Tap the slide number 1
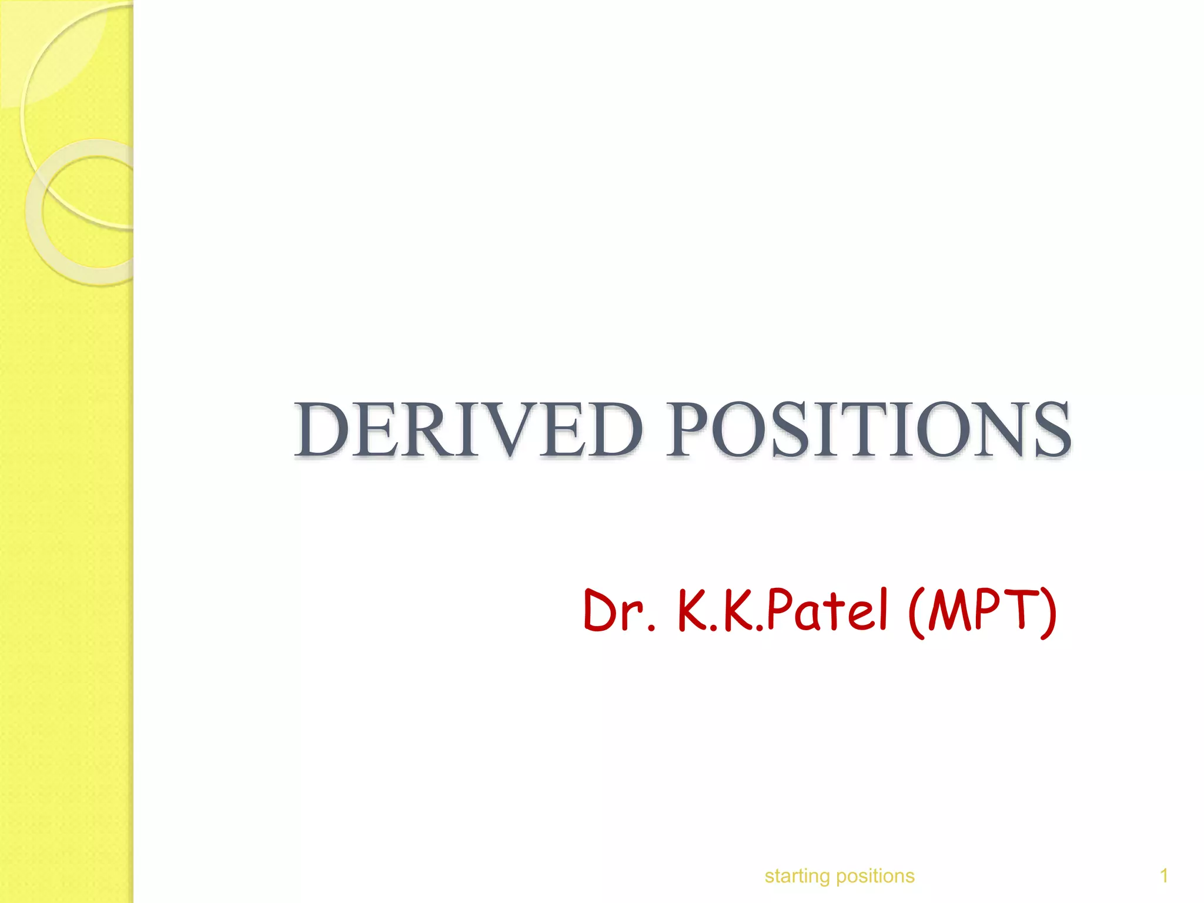1163,876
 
